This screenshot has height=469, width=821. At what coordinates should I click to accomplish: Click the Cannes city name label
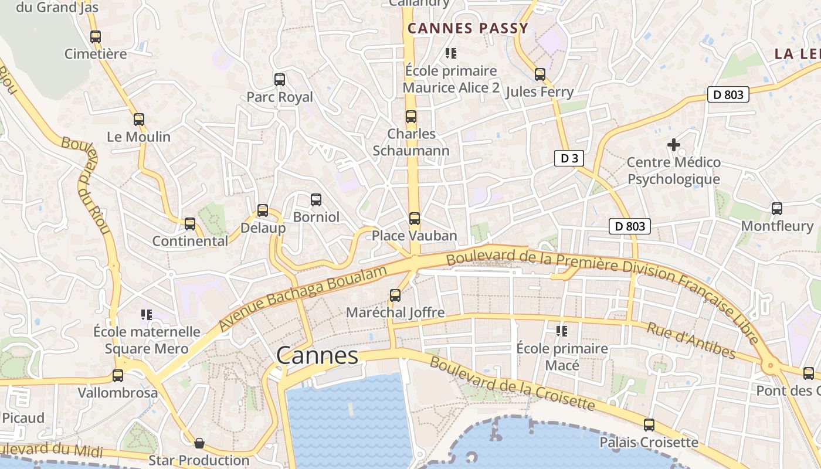click(x=317, y=356)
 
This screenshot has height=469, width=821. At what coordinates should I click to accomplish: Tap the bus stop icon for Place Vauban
click(x=415, y=219)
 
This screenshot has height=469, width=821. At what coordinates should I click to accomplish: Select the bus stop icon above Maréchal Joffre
click(x=395, y=295)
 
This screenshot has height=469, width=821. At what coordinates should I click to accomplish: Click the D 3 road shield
click(x=569, y=158)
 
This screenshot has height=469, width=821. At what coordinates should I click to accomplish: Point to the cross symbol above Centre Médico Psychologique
click(x=674, y=144)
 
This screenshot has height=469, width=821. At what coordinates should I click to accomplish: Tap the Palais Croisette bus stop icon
click(x=649, y=425)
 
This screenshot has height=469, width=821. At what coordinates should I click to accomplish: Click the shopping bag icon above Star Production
click(x=199, y=443)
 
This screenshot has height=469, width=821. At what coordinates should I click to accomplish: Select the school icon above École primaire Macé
click(x=562, y=331)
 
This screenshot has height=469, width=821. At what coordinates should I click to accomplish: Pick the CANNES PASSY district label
click(x=468, y=28)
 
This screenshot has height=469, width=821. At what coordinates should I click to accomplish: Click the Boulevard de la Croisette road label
click(x=512, y=384)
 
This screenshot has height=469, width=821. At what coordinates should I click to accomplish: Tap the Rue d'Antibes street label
click(x=691, y=340)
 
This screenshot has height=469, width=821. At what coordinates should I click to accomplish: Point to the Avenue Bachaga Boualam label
click(x=303, y=298)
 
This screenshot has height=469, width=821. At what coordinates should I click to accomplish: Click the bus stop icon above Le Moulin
click(x=139, y=120)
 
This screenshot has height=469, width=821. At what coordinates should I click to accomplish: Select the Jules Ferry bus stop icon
click(x=540, y=74)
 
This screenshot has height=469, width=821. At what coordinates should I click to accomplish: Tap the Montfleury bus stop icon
click(x=777, y=208)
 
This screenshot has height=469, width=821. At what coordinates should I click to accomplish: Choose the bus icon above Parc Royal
click(x=280, y=79)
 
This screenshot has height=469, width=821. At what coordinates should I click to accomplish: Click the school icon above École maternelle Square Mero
click(x=147, y=315)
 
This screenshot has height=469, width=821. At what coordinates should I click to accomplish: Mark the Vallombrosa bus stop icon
click(x=118, y=375)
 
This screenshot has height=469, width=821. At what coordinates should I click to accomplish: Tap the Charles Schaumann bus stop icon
click(x=411, y=117)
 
